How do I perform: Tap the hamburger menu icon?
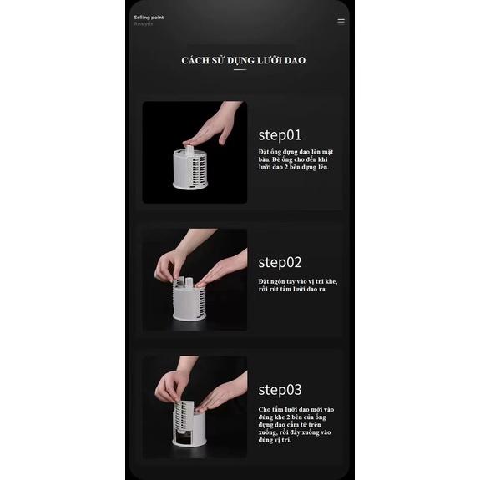coord(341,21)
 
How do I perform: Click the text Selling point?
coord(148,17)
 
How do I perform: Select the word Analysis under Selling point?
coord(144,23)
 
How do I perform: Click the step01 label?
coord(280,134)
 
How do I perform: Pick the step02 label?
coord(280,262)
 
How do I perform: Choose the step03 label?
coord(280,389)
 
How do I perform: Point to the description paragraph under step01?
coord(294,159)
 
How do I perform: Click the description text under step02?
coord(297,285)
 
